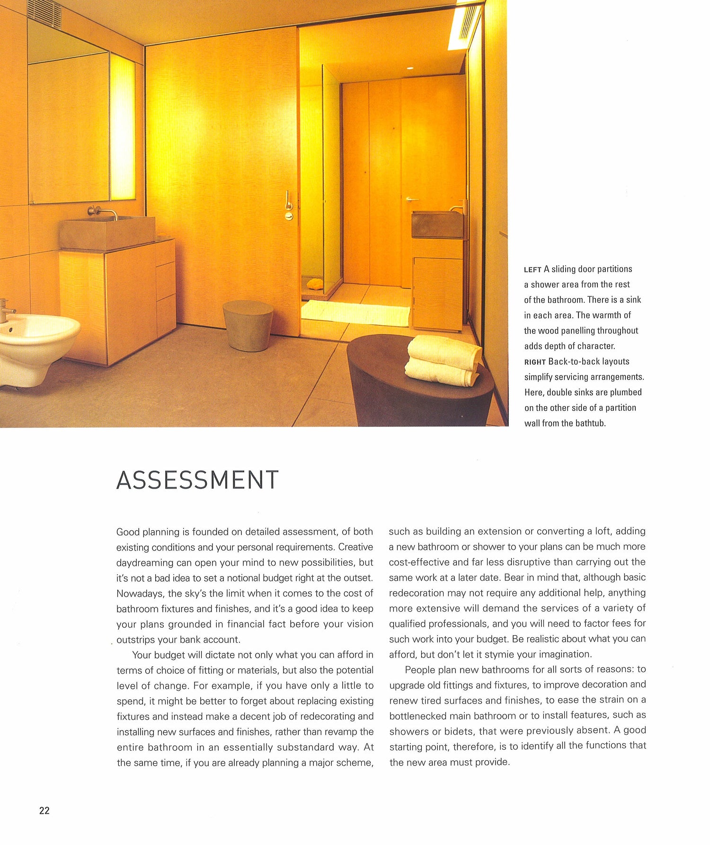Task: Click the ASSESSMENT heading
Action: coord(197,480)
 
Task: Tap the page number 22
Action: coord(44,810)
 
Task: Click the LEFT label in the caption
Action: coord(532,270)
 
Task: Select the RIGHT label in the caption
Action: coord(535,362)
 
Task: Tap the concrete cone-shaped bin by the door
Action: coord(248,325)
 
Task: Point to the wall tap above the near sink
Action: coord(103,212)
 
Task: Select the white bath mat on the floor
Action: coord(355,312)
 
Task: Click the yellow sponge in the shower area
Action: coord(314,284)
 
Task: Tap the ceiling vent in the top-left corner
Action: coord(44,13)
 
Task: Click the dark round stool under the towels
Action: coord(417,383)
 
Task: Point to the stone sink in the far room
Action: coord(437,224)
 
